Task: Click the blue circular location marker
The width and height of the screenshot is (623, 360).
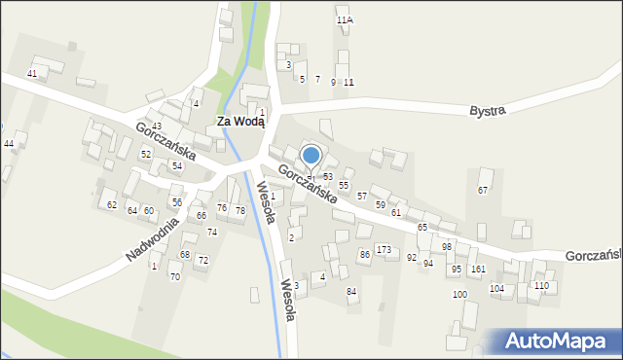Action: coord(311,155)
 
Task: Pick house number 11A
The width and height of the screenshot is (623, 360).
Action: coord(344,19)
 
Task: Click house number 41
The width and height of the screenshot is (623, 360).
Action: coord(32,74)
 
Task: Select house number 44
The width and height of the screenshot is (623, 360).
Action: coord(9,144)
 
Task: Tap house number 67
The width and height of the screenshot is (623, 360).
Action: coord(483,190)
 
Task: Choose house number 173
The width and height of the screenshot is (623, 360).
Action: coord(385,250)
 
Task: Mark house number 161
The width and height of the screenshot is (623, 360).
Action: coord(478,269)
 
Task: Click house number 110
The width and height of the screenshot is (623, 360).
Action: coord(541,285)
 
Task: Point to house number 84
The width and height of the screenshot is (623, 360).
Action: coord(351,292)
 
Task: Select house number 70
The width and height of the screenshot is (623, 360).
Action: coord(175,277)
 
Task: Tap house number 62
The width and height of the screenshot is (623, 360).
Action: coord(112,205)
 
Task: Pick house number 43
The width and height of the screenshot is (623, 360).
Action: coord(157,127)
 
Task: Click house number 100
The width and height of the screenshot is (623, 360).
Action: coord(459,294)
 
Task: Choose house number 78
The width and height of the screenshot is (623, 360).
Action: coord(239,211)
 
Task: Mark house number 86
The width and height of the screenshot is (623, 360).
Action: coord(364,254)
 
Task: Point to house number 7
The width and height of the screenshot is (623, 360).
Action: coord(317,79)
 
